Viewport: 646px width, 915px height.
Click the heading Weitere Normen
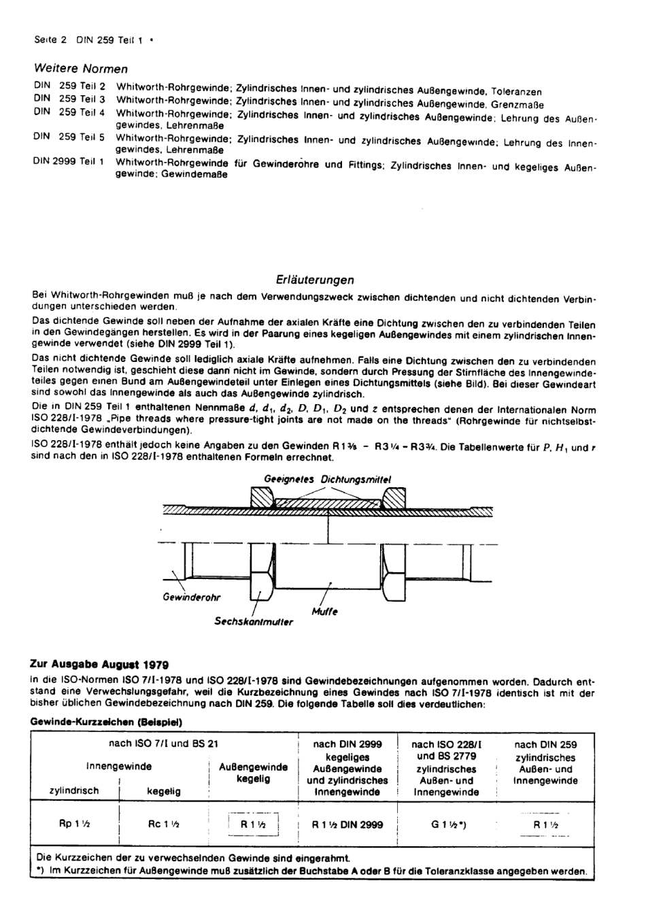pos(80,69)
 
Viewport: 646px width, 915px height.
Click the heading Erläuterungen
pos(315,280)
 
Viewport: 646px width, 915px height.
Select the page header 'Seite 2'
pos(50,39)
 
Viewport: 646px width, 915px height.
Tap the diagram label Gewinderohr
pos(191,597)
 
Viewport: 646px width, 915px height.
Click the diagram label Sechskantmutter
pos(254,621)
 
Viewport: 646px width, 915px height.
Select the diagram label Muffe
pos(324,611)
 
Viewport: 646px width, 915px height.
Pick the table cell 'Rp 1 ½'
pos(75,824)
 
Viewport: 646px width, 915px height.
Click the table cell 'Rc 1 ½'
pos(163,824)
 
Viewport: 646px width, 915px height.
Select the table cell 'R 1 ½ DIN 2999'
pos(347,824)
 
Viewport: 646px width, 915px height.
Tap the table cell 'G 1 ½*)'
pos(448,824)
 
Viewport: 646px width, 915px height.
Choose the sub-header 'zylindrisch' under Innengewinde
pos(74,791)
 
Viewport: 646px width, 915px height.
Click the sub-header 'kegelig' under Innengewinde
pos(164,791)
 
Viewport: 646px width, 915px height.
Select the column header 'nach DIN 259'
pos(545,744)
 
